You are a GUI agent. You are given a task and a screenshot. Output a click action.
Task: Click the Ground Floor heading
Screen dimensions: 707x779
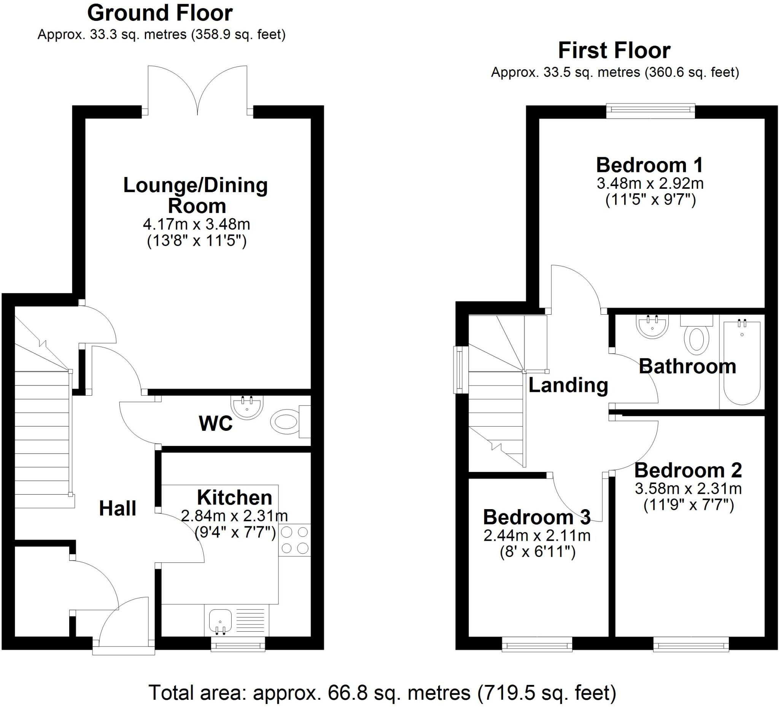tap(160, 14)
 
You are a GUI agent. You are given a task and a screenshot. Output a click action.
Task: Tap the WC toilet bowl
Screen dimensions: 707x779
tap(285, 422)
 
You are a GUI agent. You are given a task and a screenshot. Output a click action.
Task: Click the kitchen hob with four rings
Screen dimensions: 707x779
tap(294, 540)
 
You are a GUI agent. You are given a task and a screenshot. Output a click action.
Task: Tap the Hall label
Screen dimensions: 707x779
tap(118, 509)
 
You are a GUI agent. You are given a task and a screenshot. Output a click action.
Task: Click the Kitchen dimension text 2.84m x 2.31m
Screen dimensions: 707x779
tap(235, 516)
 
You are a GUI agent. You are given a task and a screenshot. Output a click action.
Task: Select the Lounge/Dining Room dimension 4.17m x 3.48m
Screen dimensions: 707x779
tap(197, 224)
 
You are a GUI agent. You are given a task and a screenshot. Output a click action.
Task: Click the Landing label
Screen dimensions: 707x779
tap(568, 385)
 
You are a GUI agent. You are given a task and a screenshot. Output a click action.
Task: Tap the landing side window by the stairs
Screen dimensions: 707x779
tap(459, 370)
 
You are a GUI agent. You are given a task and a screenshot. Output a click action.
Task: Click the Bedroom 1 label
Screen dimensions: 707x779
tap(650, 165)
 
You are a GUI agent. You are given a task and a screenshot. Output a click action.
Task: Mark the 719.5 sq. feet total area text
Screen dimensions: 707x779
tap(546, 682)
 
